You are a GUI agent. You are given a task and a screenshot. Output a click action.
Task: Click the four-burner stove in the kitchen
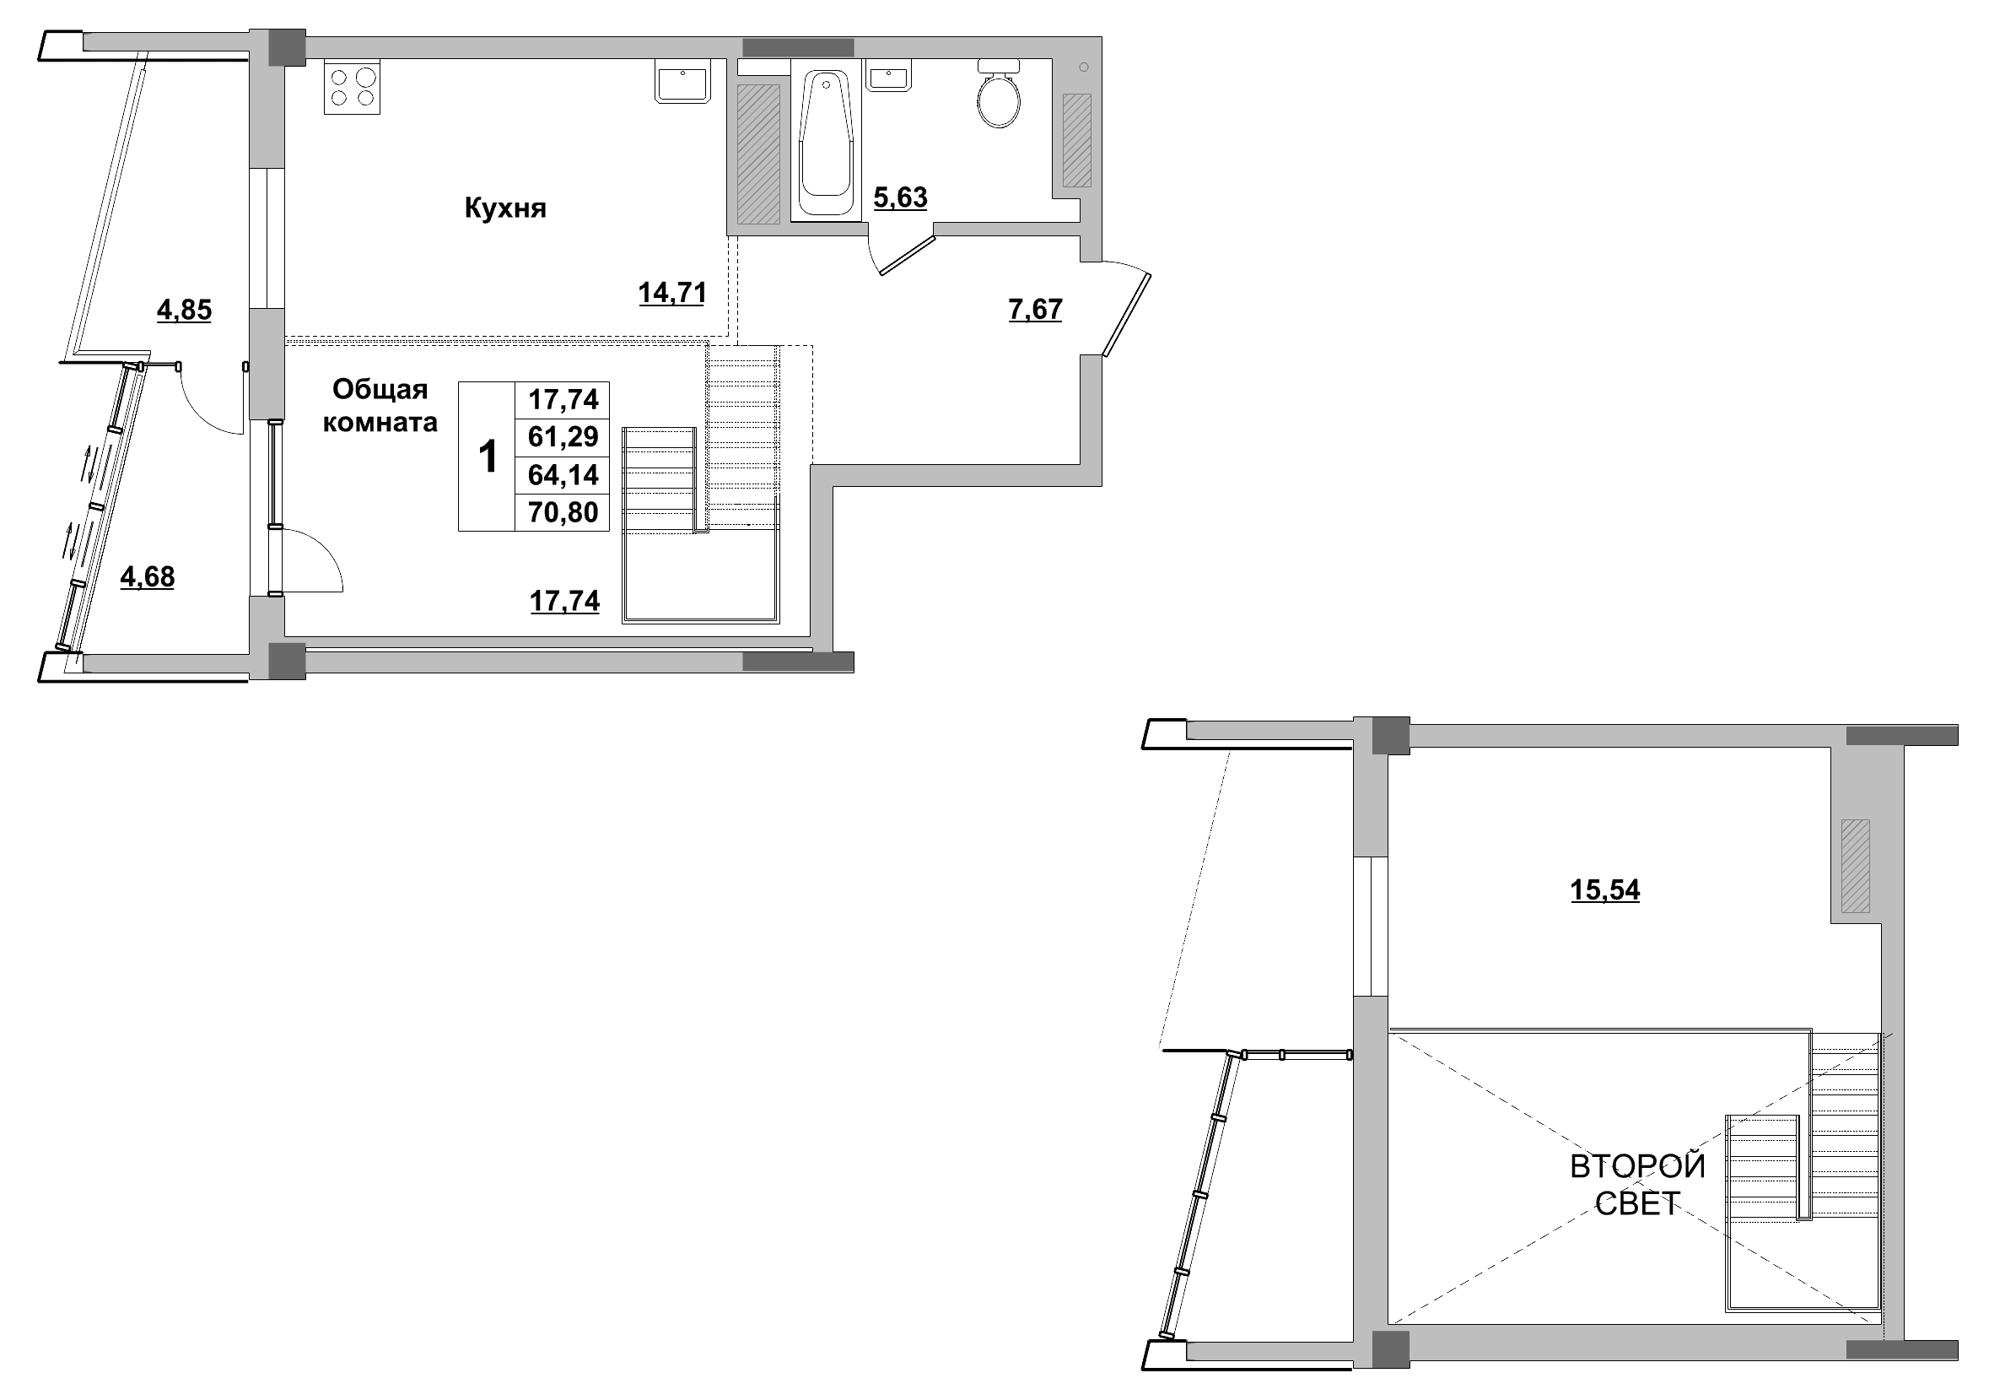click(353, 87)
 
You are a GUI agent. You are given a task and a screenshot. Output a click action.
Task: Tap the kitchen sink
click(682, 82)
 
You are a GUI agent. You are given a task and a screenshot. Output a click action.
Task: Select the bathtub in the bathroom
click(827, 142)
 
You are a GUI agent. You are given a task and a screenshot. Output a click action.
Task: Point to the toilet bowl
click(999, 94)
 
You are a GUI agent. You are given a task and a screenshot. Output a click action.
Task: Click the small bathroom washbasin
click(887, 76)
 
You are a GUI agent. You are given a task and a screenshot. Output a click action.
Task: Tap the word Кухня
click(505, 208)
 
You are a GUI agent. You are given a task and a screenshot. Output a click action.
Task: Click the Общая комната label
click(380, 407)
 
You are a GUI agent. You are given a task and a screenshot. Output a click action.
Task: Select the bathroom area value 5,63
click(900, 198)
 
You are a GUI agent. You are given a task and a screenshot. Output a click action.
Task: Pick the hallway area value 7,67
click(1035, 311)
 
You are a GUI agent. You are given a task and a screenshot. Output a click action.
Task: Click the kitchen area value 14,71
click(672, 294)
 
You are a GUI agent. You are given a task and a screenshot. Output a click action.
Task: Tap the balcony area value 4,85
click(184, 311)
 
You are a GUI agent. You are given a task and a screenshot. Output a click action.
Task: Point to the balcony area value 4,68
click(148, 577)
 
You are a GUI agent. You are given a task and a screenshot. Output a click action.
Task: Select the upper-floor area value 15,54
click(1605, 891)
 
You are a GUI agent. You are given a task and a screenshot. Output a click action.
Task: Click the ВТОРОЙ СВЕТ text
click(1637, 1185)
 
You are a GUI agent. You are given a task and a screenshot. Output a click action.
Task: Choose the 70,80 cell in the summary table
click(563, 513)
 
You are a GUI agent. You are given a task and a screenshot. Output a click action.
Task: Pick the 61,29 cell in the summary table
click(563, 437)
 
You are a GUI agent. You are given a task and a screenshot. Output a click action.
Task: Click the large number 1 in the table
click(488, 457)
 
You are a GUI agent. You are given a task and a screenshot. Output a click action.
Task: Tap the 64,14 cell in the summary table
click(563, 475)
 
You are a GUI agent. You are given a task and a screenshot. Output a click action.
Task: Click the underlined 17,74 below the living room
click(565, 602)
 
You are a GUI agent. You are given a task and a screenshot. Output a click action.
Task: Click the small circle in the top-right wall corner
click(1084, 68)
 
